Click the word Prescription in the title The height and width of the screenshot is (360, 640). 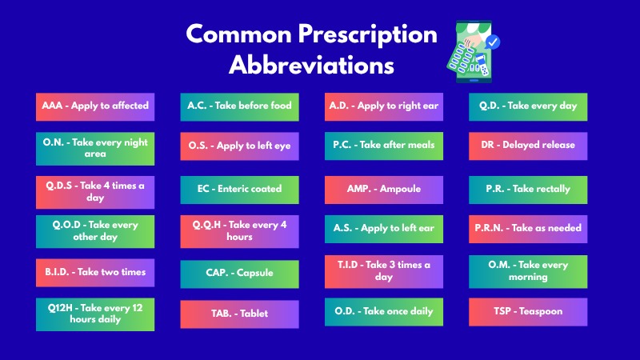367,35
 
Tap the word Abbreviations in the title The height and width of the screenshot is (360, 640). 311,65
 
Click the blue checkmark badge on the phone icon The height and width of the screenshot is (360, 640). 493,42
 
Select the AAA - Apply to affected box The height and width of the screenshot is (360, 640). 95,107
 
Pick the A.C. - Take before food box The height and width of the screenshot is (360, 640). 239,107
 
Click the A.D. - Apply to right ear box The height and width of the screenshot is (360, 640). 384,107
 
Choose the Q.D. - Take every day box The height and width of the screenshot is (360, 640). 528,107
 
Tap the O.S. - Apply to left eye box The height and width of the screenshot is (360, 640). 239,146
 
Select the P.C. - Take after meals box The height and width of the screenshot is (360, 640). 384,146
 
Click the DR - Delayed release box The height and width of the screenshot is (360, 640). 528,146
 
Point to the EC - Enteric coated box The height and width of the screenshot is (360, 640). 239,190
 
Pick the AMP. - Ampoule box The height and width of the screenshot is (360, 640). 384,190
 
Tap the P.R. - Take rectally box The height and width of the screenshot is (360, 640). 528,190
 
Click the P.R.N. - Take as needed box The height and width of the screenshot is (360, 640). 528,229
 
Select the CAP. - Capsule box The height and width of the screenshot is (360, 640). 239,274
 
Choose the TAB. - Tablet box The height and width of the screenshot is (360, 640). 239,314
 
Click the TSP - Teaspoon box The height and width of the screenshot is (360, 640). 528,312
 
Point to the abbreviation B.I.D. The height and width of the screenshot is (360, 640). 57,272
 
